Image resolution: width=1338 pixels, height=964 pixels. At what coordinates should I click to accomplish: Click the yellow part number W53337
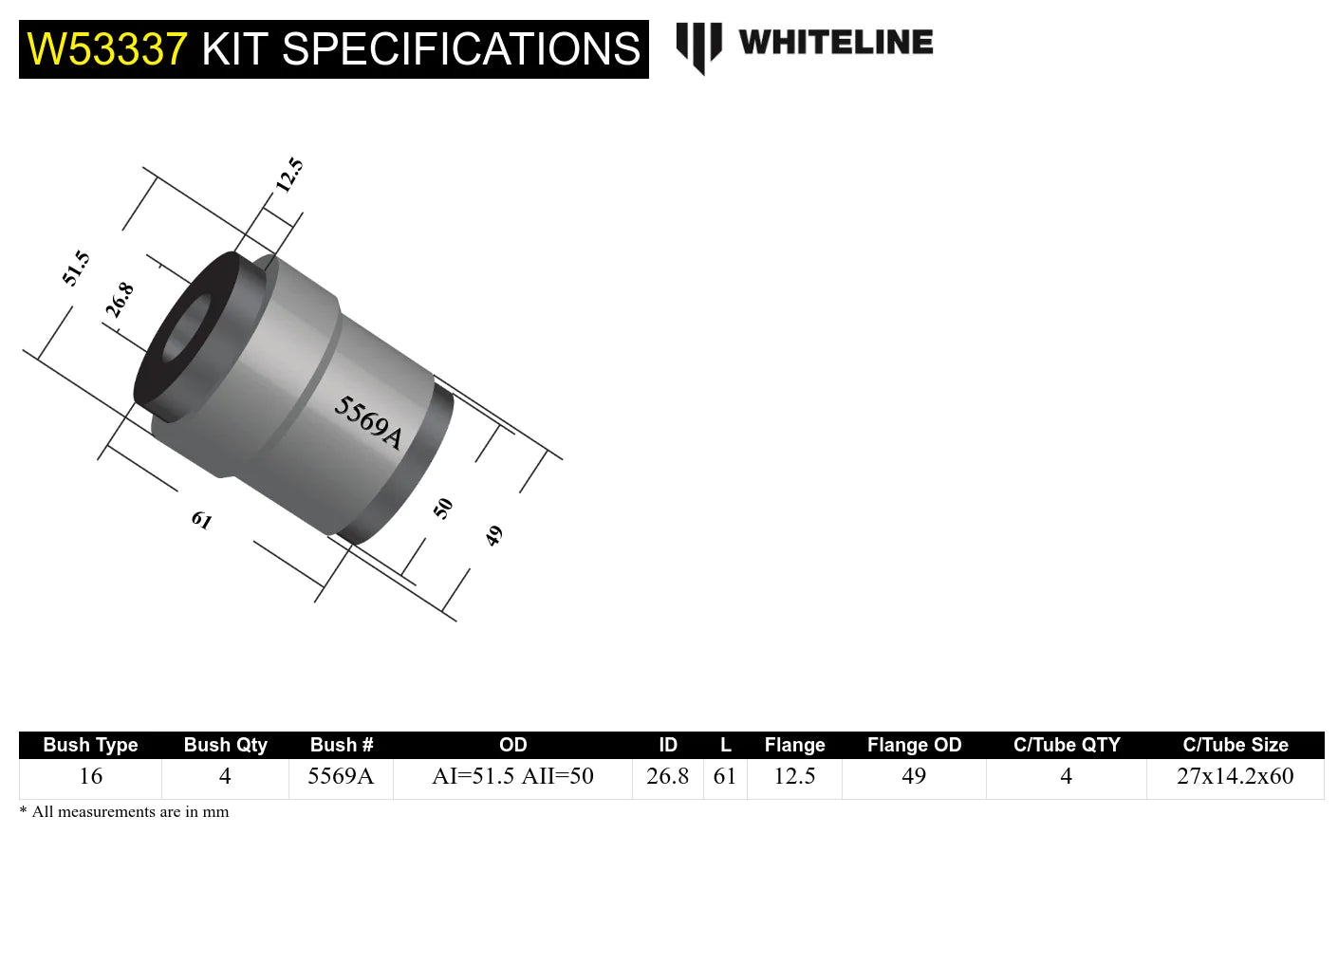tap(107, 49)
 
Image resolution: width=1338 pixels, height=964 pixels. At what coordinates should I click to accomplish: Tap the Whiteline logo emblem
tap(698, 46)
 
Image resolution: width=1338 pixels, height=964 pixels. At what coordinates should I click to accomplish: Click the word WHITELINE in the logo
tap(835, 43)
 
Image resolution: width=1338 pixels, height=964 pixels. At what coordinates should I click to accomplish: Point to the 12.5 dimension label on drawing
tap(289, 176)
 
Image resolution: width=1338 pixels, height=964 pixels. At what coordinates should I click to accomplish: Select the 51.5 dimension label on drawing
tap(76, 269)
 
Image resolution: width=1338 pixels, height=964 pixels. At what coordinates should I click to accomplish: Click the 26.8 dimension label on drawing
tap(120, 300)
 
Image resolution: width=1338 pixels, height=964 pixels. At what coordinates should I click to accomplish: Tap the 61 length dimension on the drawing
tap(201, 520)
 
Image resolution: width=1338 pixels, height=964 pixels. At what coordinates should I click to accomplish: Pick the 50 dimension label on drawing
tap(443, 509)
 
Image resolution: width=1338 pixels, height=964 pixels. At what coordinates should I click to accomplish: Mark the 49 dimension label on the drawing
tap(493, 536)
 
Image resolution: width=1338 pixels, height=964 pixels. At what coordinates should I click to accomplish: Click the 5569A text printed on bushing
tap(368, 422)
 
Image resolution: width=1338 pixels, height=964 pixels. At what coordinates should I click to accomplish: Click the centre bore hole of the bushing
tap(186, 330)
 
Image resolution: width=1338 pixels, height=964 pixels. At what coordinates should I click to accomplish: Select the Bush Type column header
tap(90, 745)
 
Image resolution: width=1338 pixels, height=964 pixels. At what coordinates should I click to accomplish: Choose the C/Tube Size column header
tap(1235, 745)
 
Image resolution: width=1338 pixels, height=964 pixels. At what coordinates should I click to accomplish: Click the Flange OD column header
tap(914, 745)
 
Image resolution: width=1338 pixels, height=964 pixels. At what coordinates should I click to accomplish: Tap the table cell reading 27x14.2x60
tap(1235, 776)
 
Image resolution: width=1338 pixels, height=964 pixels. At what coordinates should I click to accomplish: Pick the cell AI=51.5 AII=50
tap(512, 776)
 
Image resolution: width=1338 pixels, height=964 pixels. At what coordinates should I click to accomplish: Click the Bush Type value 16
tap(90, 776)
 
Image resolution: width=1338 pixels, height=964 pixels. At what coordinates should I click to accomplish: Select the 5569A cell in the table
tap(341, 776)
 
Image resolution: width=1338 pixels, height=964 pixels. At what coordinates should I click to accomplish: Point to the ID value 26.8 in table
tap(667, 776)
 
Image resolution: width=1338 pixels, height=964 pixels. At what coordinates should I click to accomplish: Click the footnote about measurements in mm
tap(124, 812)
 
